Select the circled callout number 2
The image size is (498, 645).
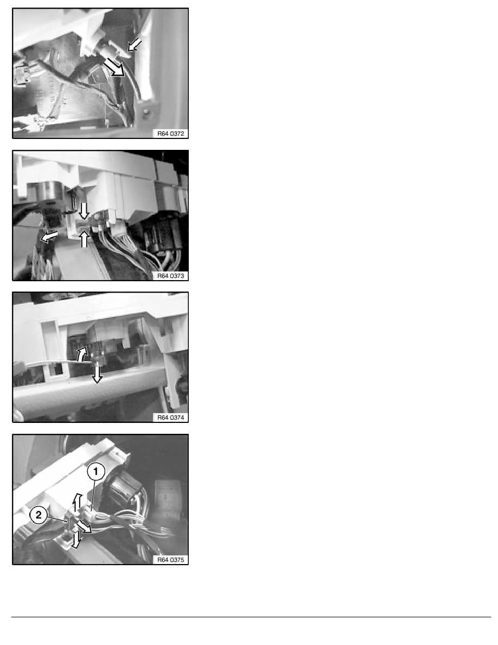pos(38,516)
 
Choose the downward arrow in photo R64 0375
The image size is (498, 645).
pos(75,539)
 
